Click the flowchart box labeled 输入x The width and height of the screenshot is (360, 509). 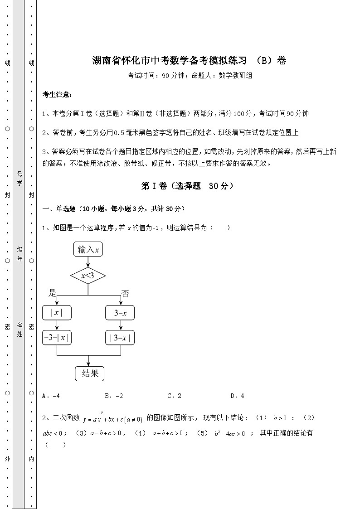pos(88,249)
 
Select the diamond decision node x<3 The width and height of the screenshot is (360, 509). pos(88,276)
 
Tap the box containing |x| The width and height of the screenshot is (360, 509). pos(57,313)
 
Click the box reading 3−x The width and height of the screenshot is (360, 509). pos(120,313)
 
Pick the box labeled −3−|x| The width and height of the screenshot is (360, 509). pos(57,338)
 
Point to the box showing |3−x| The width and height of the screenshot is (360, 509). pos(120,338)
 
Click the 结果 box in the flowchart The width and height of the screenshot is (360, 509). pos(90,373)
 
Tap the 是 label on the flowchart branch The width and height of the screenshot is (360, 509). pos(52,293)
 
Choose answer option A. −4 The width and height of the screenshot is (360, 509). pos(51,396)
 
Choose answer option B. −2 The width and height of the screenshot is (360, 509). pos(114,396)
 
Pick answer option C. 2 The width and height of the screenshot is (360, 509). pos(175,396)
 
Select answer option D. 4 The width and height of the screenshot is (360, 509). pos(238,396)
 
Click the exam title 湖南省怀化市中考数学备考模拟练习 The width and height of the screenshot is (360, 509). pos(170,60)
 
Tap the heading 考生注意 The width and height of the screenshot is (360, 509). pos(57,95)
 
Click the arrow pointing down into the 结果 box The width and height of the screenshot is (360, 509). pos(88,360)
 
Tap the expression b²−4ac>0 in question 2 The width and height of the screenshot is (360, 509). pos(229,433)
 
